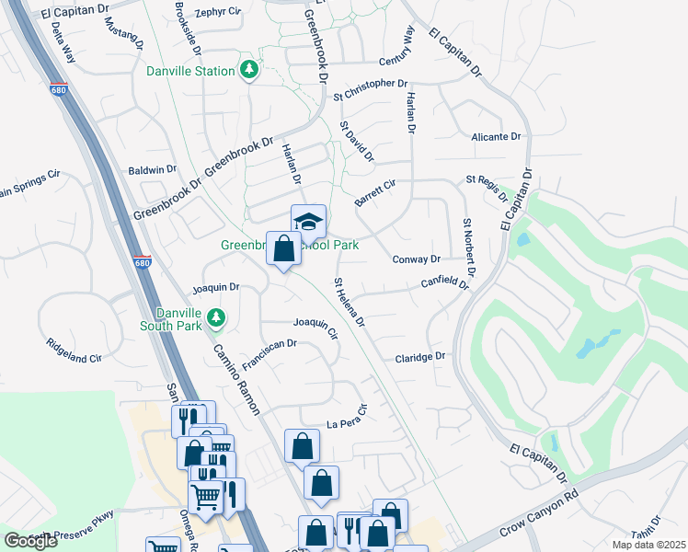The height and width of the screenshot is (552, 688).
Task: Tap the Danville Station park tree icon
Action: click(248, 70)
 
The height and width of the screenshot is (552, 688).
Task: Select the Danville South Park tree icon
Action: click(216, 317)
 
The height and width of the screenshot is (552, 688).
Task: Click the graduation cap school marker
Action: click(308, 221)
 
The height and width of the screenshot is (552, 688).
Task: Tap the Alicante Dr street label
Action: click(495, 136)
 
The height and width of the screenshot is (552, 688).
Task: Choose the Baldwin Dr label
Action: click(153, 170)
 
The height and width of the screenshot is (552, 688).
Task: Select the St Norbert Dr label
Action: click(469, 247)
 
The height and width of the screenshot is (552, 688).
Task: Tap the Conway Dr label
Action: click(417, 259)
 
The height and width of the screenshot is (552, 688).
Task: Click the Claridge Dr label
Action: click(420, 357)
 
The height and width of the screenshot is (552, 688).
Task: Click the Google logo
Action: click(31, 541)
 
